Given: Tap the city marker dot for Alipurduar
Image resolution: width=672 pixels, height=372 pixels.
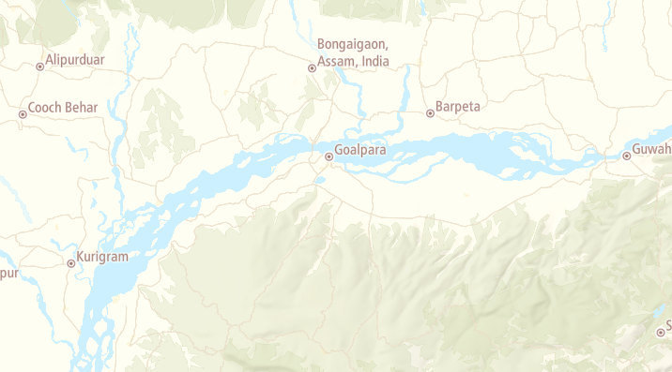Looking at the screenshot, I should pos(39,67).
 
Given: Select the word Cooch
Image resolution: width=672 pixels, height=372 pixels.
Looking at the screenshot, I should pos(45,108).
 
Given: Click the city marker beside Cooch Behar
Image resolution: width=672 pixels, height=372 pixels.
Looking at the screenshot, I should pos(23,114).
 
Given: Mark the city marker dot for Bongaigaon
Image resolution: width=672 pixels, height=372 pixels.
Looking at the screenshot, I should pos(313,67).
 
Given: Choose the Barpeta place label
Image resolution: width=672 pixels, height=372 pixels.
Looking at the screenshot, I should pos(458,107).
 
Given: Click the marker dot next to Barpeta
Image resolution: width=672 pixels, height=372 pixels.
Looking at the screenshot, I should pos(430,113).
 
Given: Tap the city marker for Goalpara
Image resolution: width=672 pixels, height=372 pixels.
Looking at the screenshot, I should pos(328,156).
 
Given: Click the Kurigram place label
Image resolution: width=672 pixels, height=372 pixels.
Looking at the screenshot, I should pos(102,257).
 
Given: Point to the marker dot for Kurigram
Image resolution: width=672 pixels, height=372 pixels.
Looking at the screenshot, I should pos(71,263).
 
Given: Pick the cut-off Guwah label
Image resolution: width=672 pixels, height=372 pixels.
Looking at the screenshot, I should pos(652,149).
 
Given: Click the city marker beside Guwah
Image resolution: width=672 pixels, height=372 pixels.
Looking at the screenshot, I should pos(627,156).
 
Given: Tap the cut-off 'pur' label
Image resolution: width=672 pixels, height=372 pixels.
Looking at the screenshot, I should pos(8,274).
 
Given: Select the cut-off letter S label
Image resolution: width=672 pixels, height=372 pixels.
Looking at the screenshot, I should pos(667,322).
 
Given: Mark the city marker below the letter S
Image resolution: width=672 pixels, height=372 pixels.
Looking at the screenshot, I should pos(661,332).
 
